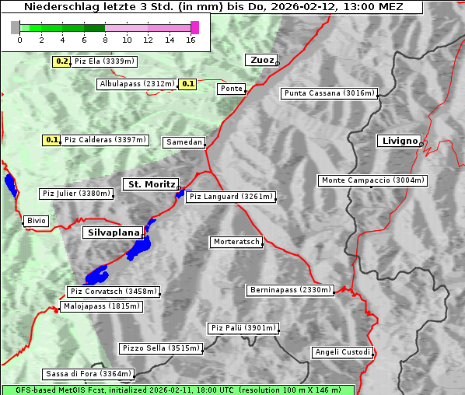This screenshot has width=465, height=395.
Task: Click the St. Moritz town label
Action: (x=149, y=184)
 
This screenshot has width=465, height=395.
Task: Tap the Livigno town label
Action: (x=398, y=141)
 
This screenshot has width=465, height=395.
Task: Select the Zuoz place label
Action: (x=260, y=60)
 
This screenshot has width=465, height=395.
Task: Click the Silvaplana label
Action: (x=112, y=232)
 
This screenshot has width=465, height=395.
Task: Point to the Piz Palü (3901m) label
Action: (x=243, y=328)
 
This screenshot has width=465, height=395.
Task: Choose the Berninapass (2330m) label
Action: (x=290, y=290)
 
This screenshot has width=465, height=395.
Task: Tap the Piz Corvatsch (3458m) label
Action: (x=113, y=292)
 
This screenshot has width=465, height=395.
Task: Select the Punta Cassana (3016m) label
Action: (x=329, y=93)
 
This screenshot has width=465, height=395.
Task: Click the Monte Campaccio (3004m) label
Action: (x=372, y=180)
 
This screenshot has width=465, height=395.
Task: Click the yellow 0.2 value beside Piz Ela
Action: (x=61, y=61)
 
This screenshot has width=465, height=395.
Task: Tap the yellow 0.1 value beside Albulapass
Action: (x=187, y=84)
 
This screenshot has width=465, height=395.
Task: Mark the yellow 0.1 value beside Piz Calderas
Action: (x=51, y=140)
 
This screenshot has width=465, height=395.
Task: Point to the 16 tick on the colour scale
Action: (x=191, y=40)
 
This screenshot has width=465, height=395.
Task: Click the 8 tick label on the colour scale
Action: (x=104, y=40)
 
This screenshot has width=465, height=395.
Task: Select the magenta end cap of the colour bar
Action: (x=194, y=27)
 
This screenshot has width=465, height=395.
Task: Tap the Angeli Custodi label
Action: (x=342, y=352)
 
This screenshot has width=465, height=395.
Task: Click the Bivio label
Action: (x=36, y=221)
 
